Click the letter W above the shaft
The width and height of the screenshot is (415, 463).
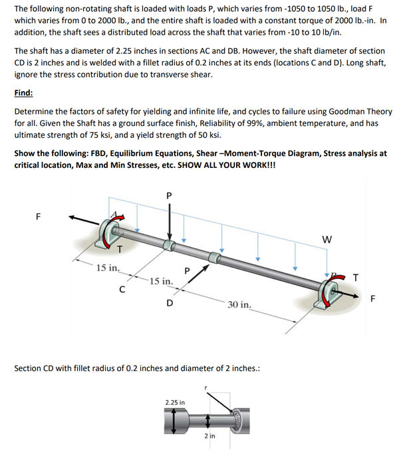coord(327,239)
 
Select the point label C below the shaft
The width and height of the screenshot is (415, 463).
coord(121,289)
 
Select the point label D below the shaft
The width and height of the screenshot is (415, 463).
coord(170,304)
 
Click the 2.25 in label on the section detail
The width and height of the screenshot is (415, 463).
coord(175,402)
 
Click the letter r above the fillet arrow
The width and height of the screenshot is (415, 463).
coord(206,387)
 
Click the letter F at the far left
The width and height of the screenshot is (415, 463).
coord(38,215)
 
